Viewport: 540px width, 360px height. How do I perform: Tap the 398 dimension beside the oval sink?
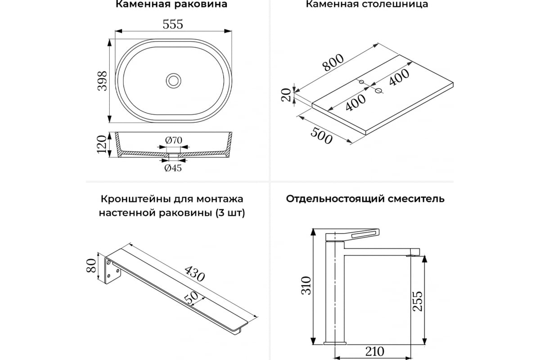[103, 81]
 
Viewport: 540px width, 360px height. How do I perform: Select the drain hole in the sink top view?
[173, 81]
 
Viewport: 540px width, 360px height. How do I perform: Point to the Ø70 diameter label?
[173, 140]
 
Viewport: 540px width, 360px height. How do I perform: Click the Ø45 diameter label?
[173, 168]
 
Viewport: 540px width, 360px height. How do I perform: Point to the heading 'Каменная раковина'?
[171, 5]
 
